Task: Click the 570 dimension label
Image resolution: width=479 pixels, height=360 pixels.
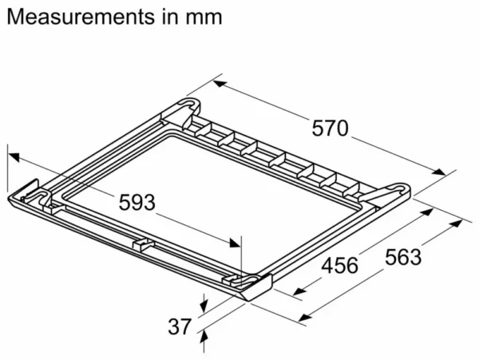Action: click(330, 129)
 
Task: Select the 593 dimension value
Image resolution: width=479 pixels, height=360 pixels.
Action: click(137, 203)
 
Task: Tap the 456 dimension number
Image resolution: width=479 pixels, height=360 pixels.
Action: click(340, 265)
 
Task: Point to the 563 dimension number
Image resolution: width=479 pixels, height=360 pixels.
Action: click(403, 257)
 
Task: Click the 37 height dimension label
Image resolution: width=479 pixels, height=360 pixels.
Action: click(180, 326)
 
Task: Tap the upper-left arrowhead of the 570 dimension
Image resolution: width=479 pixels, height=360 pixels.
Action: click(220, 83)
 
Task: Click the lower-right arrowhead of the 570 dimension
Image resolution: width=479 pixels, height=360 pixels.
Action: click(439, 172)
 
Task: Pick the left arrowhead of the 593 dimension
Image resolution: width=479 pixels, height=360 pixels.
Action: click(14, 157)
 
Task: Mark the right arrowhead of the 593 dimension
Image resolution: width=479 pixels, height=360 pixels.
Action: click(235, 243)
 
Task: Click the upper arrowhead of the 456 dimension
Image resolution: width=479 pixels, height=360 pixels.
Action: click(426, 212)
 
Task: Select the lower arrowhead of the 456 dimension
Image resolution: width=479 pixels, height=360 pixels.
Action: click(299, 291)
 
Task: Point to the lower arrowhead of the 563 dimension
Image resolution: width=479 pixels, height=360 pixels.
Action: click(305, 318)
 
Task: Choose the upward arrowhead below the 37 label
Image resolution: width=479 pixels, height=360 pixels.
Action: click(204, 338)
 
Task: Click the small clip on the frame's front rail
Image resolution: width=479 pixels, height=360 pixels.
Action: click(143, 244)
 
